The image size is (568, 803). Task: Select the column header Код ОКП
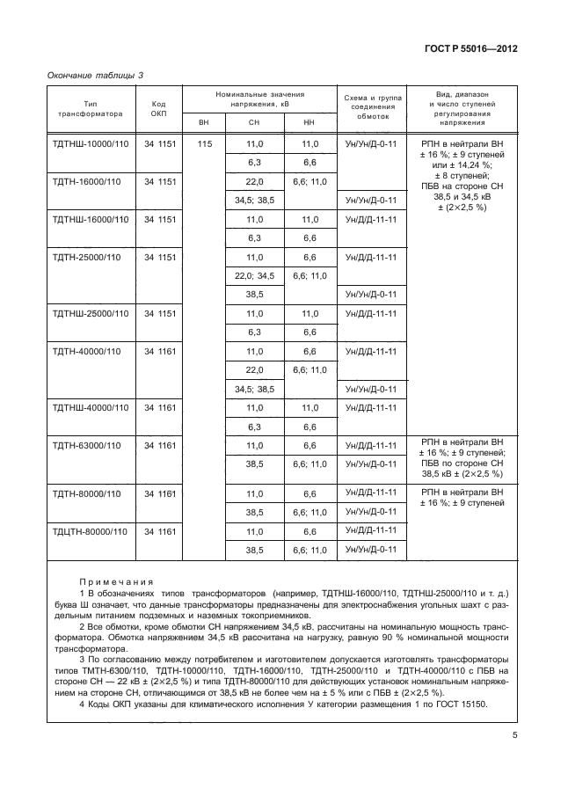point(158,108)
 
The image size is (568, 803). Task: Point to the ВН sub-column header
point(204,121)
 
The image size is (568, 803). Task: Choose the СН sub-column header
point(255,121)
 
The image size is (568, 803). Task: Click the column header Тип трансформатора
point(90,108)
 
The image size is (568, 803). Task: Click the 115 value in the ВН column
point(204,143)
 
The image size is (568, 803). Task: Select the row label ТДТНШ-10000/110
point(91,143)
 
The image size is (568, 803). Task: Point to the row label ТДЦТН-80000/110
point(91,531)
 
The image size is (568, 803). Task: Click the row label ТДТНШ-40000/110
point(91,407)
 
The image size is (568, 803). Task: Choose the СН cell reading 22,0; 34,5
point(255,275)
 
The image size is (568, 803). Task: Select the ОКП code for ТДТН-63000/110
point(162,446)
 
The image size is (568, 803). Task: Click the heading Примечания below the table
point(117,581)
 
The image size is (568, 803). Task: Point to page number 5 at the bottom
point(513,739)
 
